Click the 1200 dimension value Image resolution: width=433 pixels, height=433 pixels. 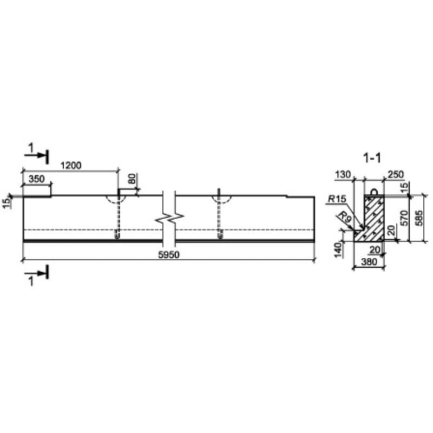(71, 166)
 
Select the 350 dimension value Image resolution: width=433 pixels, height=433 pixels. (36, 179)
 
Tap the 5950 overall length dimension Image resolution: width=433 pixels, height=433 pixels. (168, 254)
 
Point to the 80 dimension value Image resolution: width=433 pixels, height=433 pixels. (132, 179)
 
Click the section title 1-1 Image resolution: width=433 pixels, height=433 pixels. (372, 158)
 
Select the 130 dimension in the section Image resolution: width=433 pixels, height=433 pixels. (343, 174)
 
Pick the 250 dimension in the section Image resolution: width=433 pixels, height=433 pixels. (396, 174)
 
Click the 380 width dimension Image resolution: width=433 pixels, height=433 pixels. (369, 261)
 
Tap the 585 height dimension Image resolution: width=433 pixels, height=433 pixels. (419, 218)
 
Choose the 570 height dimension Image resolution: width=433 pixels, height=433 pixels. (404, 218)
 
